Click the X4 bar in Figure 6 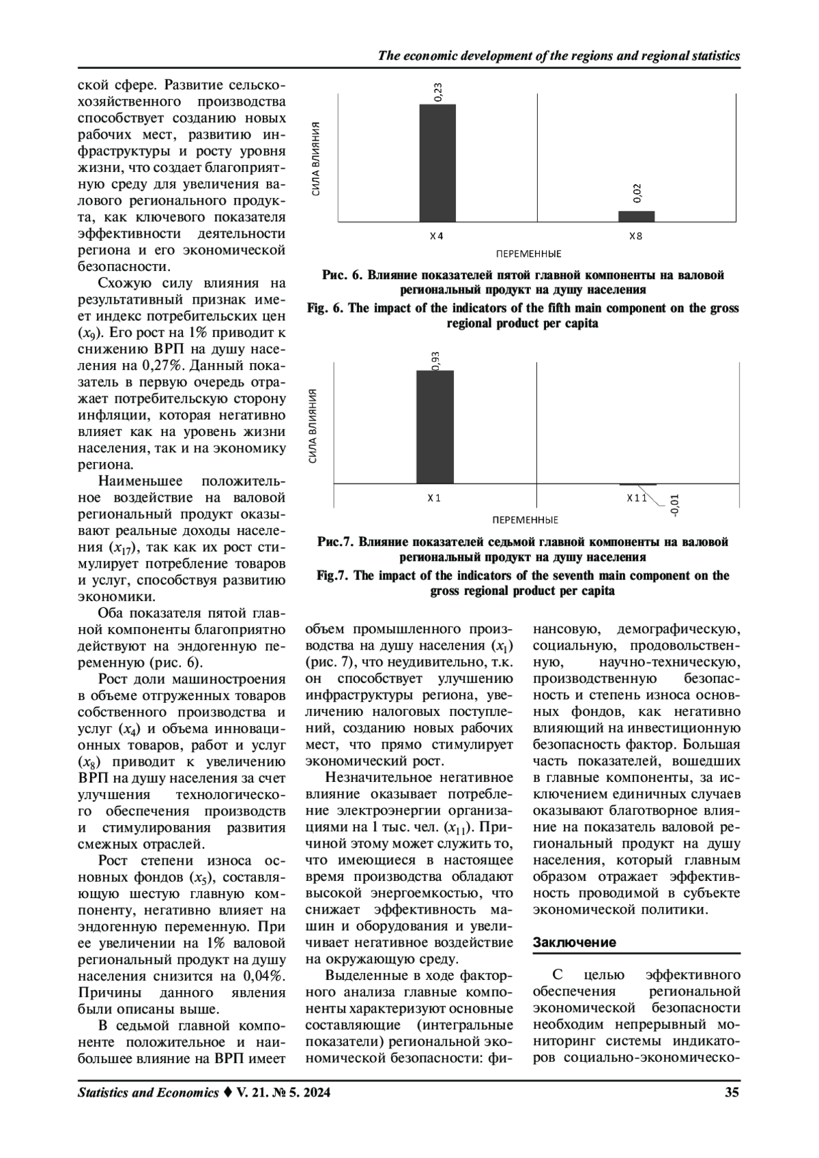coord(437,162)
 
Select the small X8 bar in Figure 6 coord(636,216)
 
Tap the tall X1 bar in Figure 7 coord(435,426)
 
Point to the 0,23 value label coord(437,92)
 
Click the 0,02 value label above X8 coord(637,193)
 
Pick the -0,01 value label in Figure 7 coord(674,505)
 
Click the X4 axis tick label coord(436,236)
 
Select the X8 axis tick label coord(635,236)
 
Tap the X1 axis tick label coord(434,498)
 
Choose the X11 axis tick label coord(636,498)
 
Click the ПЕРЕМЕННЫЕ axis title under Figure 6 coord(529,254)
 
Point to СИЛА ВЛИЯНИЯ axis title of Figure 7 coord(313,426)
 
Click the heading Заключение coord(574,942)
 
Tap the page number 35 coord(732,1093)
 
